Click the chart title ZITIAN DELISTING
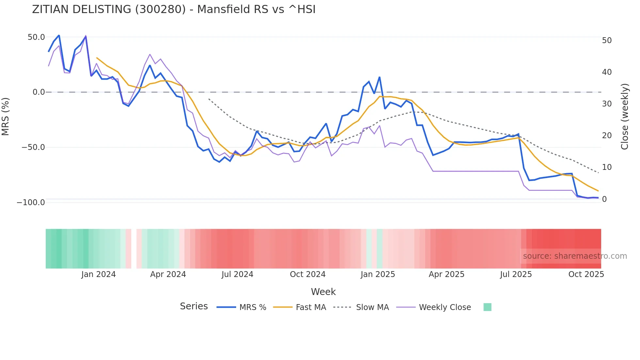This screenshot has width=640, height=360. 174,9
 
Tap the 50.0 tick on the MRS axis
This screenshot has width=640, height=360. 36,37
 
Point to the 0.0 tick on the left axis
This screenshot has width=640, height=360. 39,92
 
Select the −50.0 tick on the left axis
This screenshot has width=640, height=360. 33,147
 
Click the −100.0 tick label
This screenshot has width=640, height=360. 31,203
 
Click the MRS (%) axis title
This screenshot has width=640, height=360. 6,117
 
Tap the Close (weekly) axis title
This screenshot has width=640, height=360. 625,117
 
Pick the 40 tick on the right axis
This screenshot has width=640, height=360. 607,72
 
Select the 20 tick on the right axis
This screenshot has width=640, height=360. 607,136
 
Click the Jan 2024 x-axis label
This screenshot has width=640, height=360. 98,274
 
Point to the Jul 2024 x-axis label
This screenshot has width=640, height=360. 237,274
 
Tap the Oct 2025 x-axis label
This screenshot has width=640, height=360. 586,274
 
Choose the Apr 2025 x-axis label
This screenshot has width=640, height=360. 446,274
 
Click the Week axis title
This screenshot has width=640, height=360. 323,292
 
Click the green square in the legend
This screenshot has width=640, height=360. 487,307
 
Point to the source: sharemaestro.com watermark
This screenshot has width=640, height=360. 575,256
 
